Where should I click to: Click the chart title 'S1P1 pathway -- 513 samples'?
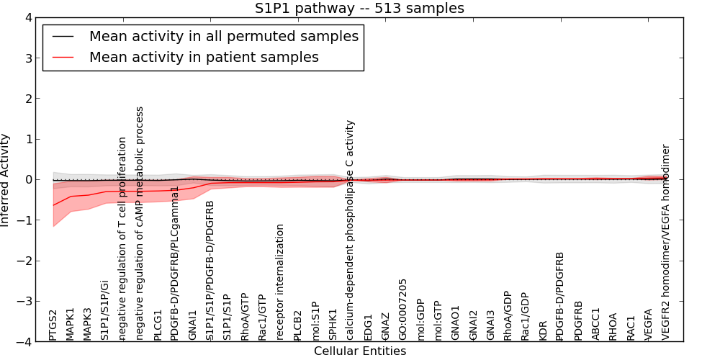click(x=359, y=8)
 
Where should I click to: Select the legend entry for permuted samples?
click(x=223, y=36)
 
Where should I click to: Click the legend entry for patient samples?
click(x=204, y=57)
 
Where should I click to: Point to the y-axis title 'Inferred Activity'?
click(x=6, y=180)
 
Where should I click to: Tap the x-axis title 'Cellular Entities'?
click(x=359, y=351)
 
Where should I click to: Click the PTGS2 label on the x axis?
click(x=53, y=325)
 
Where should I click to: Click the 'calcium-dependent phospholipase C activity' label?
click(x=351, y=230)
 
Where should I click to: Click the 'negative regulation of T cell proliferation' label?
click(x=123, y=238)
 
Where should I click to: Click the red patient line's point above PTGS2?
click(x=53, y=205)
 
